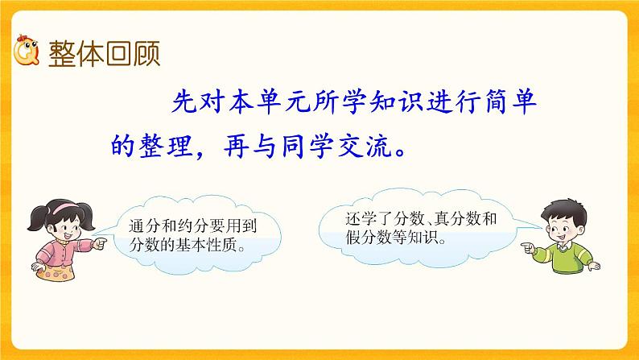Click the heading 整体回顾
pos(105,54)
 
